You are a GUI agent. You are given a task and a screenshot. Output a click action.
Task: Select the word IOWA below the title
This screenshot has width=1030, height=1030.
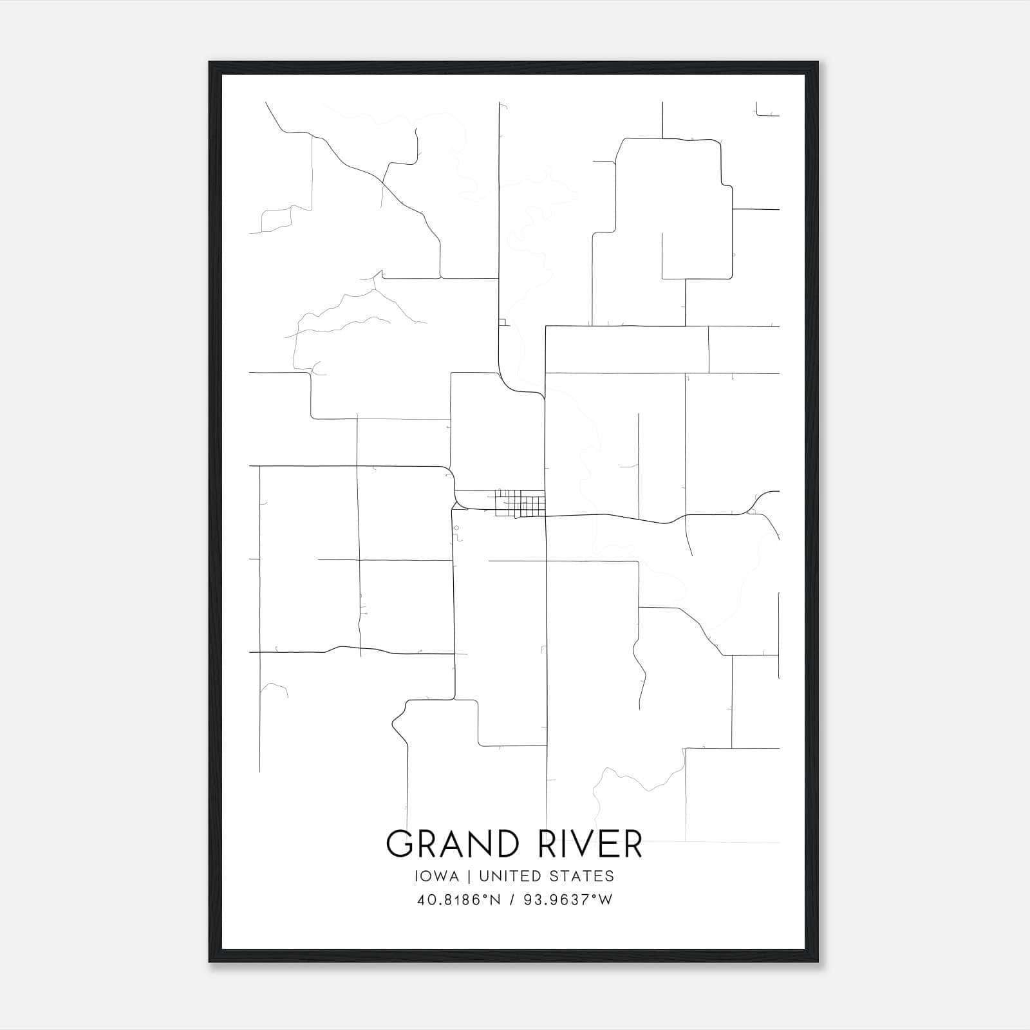tap(438, 876)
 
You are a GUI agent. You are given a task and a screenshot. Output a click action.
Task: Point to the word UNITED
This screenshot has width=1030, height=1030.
tap(509, 876)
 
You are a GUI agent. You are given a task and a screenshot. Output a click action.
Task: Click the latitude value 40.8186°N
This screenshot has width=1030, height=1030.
tap(459, 900)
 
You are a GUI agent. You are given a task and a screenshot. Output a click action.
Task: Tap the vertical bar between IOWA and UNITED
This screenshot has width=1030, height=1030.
tap(469, 876)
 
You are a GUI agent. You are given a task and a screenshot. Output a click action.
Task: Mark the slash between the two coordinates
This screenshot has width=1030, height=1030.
tap(512, 900)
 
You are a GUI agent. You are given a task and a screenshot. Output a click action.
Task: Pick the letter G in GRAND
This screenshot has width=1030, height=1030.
tap(399, 844)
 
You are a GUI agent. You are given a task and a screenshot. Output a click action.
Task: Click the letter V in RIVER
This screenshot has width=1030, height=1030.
tap(590, 844)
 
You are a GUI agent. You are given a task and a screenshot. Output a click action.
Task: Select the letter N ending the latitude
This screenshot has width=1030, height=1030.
tap(495, 900)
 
